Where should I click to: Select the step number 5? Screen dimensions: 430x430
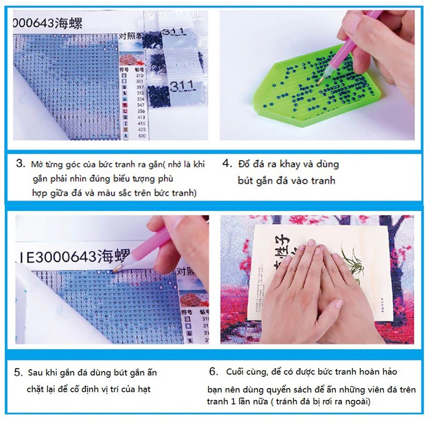pyautogui.click(x=18, y=372)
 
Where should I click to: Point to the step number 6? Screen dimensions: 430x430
pyautogui.click(x=213, y=371)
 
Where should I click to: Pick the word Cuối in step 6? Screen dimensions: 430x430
pyautogui.click(x=237, y=372)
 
